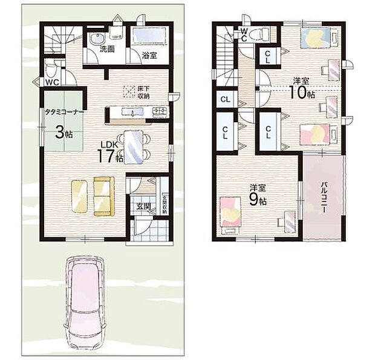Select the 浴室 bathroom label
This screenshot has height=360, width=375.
[x=149, y=54]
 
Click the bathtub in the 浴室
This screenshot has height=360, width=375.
[x=149, y=36]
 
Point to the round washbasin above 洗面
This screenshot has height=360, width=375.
[x=96, y=39]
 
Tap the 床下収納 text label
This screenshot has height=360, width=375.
[x=143, y=91]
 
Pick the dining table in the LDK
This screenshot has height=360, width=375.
[x=134, y=146]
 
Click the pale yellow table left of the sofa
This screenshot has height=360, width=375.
[x=80, y=196]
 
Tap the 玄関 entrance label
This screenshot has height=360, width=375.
[x=143, y=206]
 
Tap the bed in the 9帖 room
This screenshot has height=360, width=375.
[x=230, y=214]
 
